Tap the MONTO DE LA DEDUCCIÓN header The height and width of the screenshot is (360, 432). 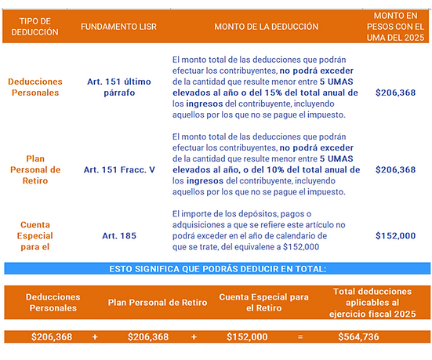pyautogui.click(x=266, y=26)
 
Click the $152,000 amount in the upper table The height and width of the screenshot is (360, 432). pyautogui.click(x=396, y=235)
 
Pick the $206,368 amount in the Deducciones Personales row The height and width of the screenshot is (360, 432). pyautogui.click(x=396, y=91)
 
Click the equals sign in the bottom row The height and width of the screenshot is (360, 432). pyautogui.click(x=300, y=336)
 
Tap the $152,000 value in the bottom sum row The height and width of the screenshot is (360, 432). pyautogui.click(x=247, y=336)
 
